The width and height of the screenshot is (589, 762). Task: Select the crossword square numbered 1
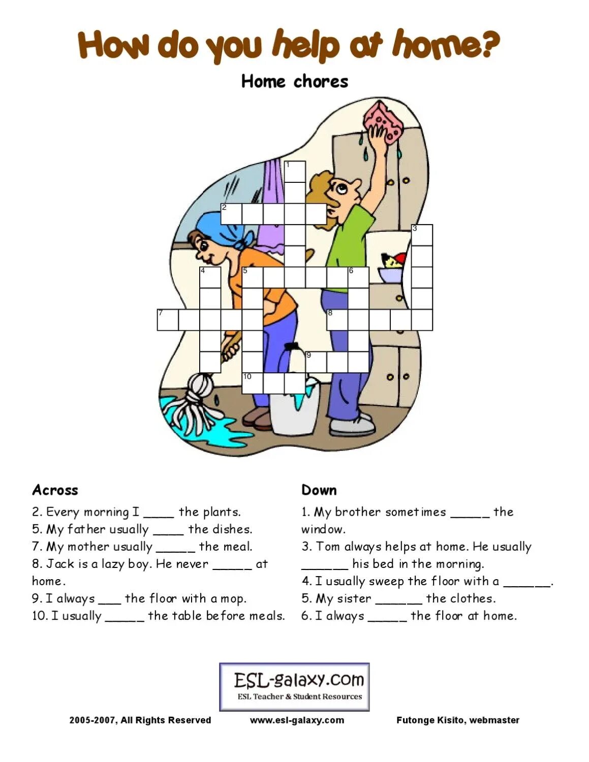coord(295,171)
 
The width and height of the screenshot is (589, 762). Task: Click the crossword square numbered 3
coord(422,235)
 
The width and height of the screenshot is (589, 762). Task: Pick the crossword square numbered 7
coord(168,320)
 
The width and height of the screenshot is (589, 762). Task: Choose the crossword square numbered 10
coord(252,383)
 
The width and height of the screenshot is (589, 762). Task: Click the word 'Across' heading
coord(55,490)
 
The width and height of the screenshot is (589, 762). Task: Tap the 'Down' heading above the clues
coord(319,490)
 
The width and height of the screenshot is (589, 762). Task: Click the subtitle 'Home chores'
coord(294,81)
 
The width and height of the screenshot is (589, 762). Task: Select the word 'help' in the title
coord(305,45)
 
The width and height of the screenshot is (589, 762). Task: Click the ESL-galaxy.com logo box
coord(294,686)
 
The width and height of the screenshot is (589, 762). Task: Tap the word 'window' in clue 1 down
coord(323,529)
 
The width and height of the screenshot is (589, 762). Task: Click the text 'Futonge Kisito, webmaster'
coord(457,720)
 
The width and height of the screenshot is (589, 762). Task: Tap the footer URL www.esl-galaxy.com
coord(297,720)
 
